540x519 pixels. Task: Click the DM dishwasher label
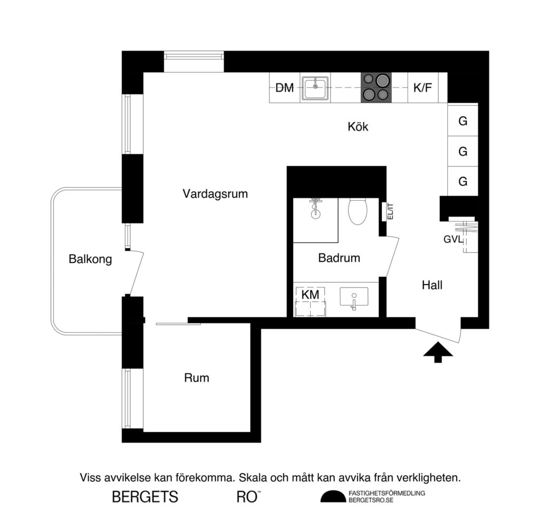pos(285,88)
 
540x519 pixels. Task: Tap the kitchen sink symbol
pos(316,88)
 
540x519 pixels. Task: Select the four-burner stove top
pos(376,88)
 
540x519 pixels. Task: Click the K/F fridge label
pos(422,88)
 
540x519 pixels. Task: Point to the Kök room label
pos(358,127)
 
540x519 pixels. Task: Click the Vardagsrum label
pos(215,193)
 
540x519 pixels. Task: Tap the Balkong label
pos(90,259)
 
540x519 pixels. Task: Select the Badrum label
pos(339,258)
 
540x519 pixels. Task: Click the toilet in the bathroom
pos(358,211)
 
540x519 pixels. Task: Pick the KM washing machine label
pos(310,295)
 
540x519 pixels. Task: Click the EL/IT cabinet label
pos(390,212)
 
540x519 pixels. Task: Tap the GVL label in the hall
pos(452,239)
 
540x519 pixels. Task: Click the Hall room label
pos(432,286)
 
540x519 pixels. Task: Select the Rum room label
pos(197,378)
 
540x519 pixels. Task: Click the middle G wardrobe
pos(463,152)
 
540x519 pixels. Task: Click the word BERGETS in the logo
pos(145,497)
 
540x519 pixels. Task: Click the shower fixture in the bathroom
pos(316,209)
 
